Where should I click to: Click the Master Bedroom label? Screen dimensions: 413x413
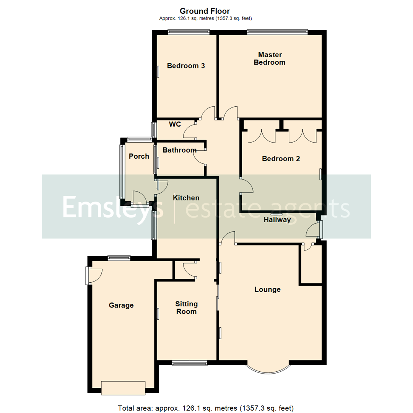coord(270,59)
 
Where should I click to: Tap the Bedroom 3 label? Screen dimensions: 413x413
coord(186,66)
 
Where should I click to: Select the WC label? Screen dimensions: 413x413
coord(175,124)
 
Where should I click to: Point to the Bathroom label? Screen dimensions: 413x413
coord(179,150)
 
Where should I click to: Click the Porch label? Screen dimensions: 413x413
coord(139,156)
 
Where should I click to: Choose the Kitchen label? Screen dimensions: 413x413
coord(186,198)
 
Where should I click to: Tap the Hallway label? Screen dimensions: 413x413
coord(277,220)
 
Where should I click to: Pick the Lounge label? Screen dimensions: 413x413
coord(268,289)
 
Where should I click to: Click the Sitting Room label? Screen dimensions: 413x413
coord(187,307)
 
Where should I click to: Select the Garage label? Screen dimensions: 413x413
coord(121,305)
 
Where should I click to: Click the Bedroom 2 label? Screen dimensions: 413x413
coord(281,158)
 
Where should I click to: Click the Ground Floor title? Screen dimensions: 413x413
coord(205,11)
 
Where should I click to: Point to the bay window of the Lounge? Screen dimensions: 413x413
coord(268,369)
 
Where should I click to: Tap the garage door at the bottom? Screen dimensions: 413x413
coord(123,387)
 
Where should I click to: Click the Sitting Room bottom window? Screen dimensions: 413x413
coord(189,363)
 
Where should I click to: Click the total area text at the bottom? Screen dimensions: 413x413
coord(206,408)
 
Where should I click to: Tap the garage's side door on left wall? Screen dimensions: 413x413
coord(88,275)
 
